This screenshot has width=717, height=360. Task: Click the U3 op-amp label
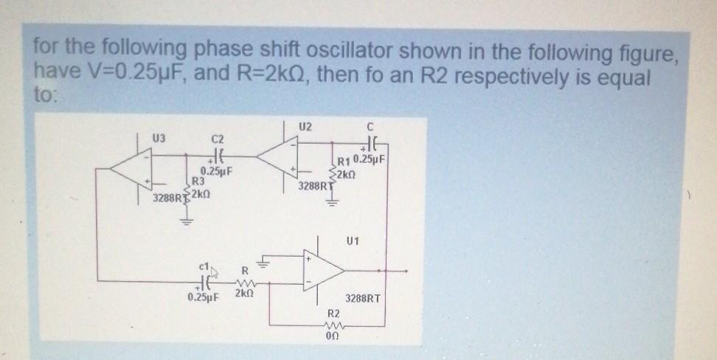159,138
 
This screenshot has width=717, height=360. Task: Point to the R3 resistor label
198,181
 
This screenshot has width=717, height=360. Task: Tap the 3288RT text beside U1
364,300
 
